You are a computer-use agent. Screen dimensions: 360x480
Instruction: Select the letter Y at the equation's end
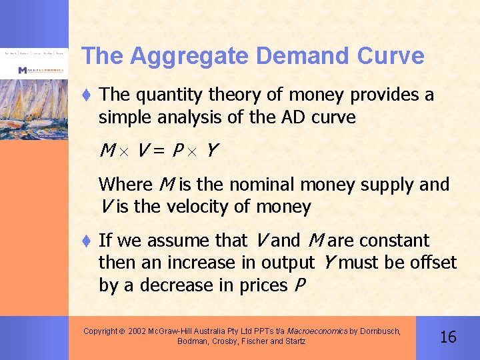(x=211, y=151)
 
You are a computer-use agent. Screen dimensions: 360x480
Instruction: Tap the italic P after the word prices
(x=299, y=285)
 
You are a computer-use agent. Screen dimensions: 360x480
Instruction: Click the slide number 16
(x=449, y=337)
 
